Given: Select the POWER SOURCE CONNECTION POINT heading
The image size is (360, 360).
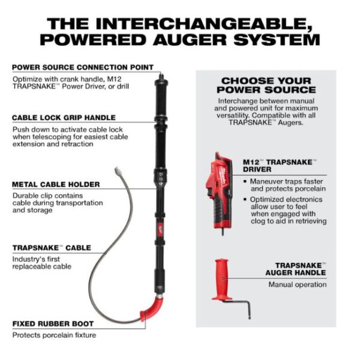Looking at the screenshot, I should click(82, 67).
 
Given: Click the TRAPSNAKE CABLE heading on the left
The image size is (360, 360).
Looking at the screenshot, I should click(52, 247).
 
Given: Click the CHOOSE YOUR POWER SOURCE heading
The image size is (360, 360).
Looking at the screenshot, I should click(266, 85).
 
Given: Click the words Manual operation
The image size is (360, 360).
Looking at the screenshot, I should click(297, 284).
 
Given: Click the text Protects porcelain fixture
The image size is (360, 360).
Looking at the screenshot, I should click(54, 335).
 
